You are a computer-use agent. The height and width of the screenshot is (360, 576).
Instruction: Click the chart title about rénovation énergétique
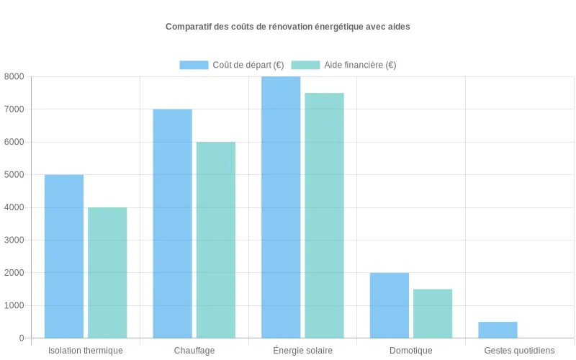pyautogui.click(x=288, y=27)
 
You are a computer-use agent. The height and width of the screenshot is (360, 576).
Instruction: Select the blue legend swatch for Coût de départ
pyautogui.click(x=194, y=65)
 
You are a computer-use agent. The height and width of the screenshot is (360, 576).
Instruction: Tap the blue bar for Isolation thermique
pyautogui.click(x=64, y=256)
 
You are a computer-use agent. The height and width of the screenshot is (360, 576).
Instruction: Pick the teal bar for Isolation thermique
pyautogui.click(x=107, y=273)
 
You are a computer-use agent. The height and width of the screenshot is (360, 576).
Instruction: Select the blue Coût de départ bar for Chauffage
pyautogui.click(x=173, y=223)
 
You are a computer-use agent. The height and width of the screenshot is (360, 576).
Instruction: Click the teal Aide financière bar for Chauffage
pyautogui.click(x=216, y=240)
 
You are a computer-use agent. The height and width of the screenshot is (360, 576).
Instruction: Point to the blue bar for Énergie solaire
pyautogui.click(x=281, y=207)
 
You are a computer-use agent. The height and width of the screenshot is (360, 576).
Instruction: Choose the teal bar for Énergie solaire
pyautogui.click(x=325, y=215)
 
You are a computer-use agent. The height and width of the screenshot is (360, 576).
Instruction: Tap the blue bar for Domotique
pyautogui.click(x=390, y=305)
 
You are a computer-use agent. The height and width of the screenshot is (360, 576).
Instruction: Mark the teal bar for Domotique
pyautogui.click(x=433, y=313)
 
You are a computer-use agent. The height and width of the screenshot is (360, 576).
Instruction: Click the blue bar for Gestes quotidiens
pyautogui.click(x=498, y=330)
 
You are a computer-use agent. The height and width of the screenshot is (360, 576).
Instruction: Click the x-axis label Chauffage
pyautogui.click(x=194, y=351)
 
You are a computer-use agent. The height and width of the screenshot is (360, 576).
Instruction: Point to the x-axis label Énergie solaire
pyautogui.click(x=302, y=351)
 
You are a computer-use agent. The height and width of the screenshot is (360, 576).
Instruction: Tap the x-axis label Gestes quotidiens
pyautogui.click(x=519, y=351)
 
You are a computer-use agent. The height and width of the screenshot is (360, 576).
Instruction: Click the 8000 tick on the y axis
pyautogui.click(x=14, y=77)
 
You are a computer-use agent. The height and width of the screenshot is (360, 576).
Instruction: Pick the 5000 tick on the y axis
pyautogui.click(x=14, y=175)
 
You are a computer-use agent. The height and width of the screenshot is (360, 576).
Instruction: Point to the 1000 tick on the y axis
pyautogui.click(x=14, y=305)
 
